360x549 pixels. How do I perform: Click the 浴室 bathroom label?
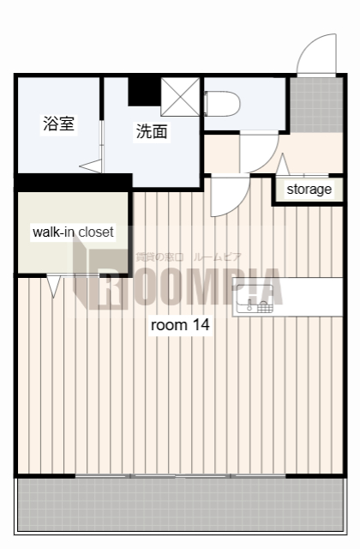[x=59, y=124]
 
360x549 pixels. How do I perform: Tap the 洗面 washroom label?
[x=151, y=131]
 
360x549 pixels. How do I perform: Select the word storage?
[x=309, y=190]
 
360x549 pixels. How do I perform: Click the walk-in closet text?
[x=73, y=232]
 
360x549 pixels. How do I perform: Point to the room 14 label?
[x=180, y=325]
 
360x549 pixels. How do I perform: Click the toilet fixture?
[x=225, y=104]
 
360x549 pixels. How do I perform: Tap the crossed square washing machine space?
[x=180, y=96]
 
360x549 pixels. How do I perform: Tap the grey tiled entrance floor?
[x=315, y=104]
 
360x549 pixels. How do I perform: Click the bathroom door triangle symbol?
[x=91, y=166]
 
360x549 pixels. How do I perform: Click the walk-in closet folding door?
[x=55, y=286]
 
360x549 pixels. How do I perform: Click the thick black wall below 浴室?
[x=73, y=182]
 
